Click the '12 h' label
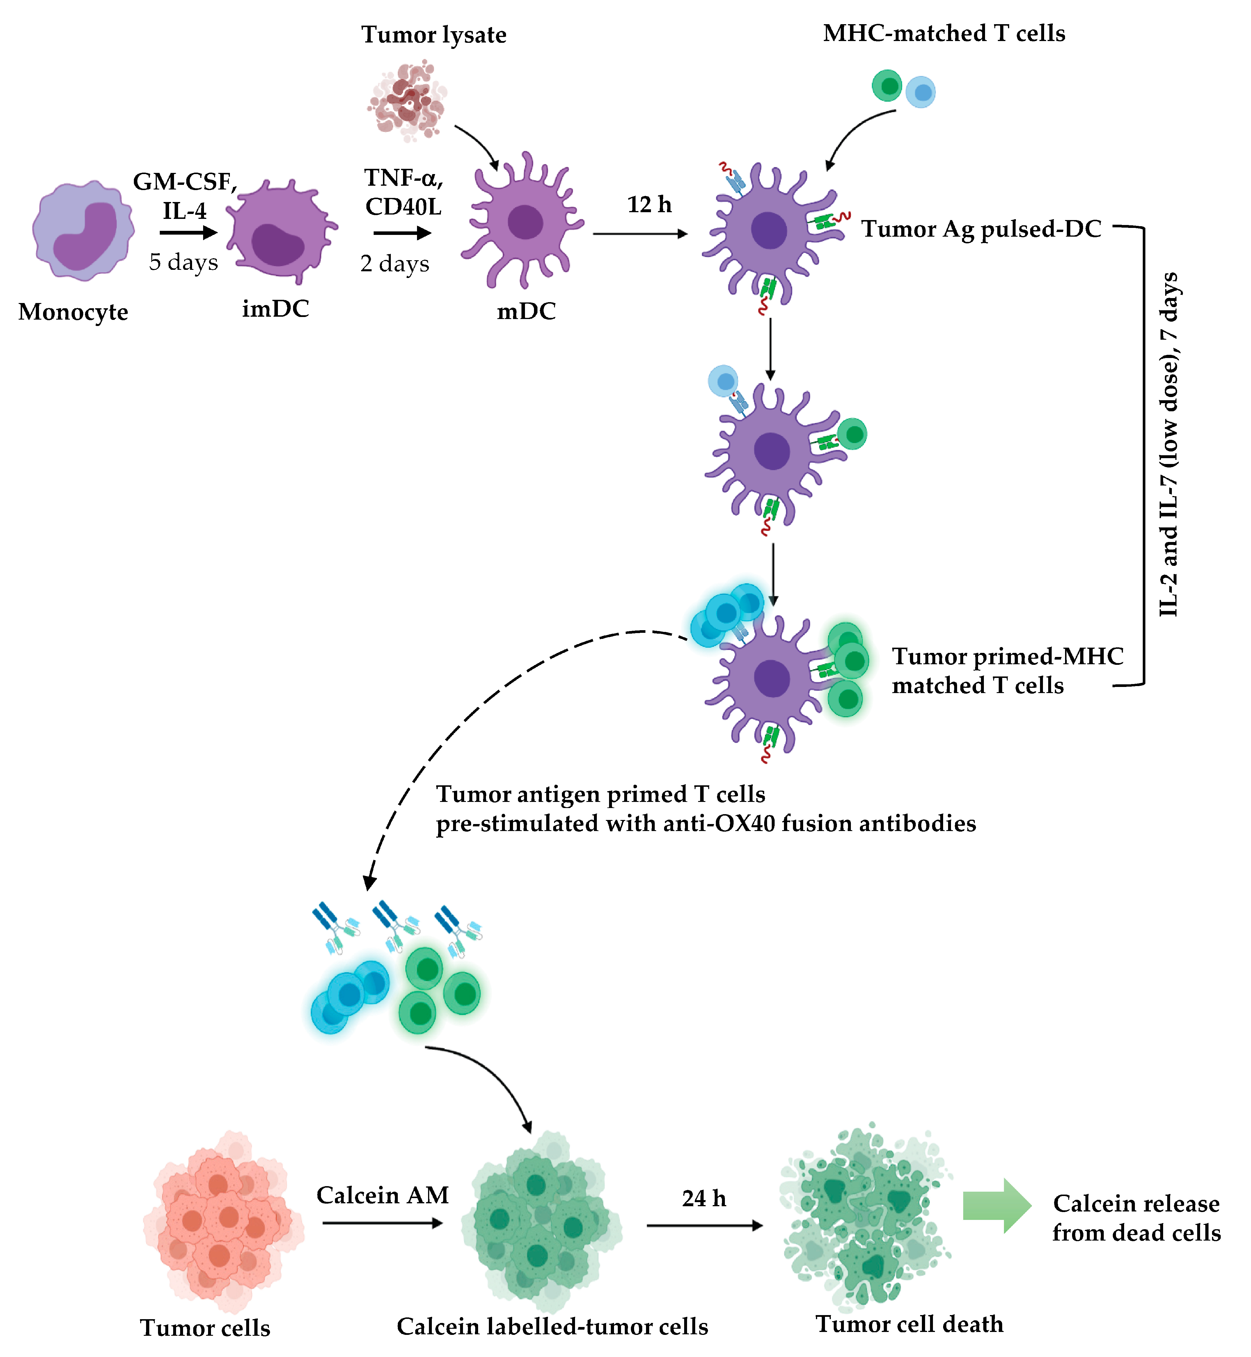649,205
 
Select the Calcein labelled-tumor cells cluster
542,1222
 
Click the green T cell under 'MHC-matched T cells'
887,86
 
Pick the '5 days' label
183,262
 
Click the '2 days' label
395,263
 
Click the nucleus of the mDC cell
525,222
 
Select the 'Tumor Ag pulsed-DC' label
981,229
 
